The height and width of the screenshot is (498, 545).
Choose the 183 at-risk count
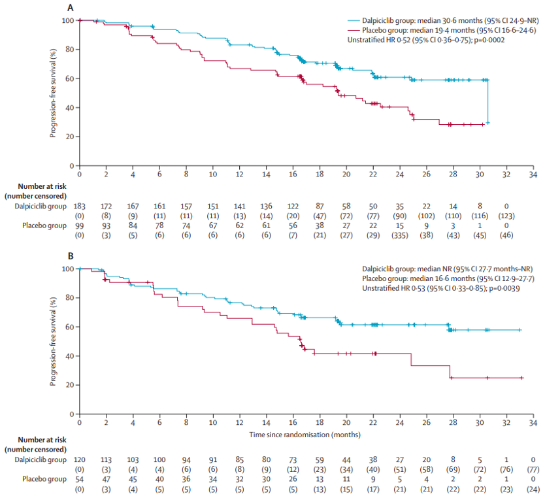coord(79,207)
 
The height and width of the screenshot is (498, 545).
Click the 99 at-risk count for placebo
coord(79,225)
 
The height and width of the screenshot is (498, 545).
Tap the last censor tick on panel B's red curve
coord(521,378)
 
